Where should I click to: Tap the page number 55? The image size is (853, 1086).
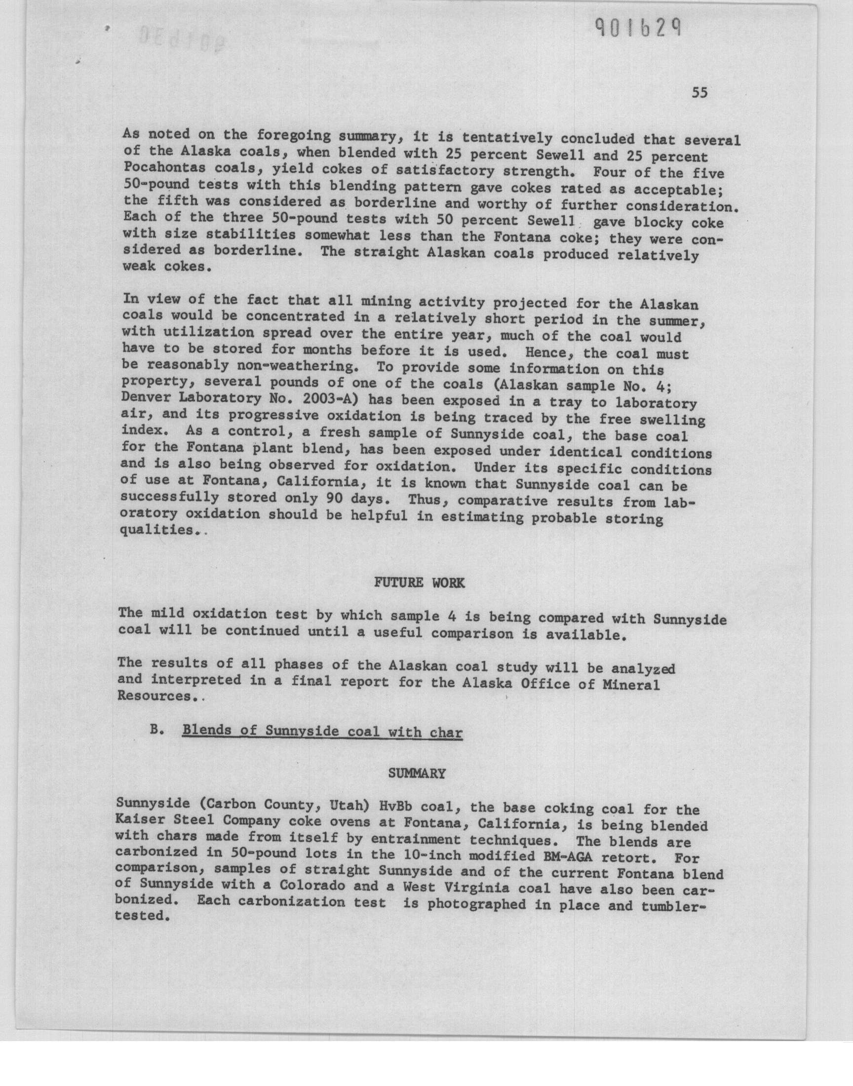coord(699,93)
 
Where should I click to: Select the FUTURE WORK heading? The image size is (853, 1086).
coord(419,582)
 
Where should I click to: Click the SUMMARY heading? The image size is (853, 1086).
coord(417,774)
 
